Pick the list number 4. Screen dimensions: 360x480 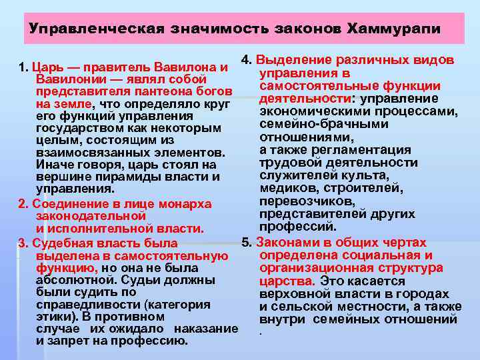[245, 60]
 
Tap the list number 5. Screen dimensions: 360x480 [245, 243]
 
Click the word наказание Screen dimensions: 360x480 [207, 329]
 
